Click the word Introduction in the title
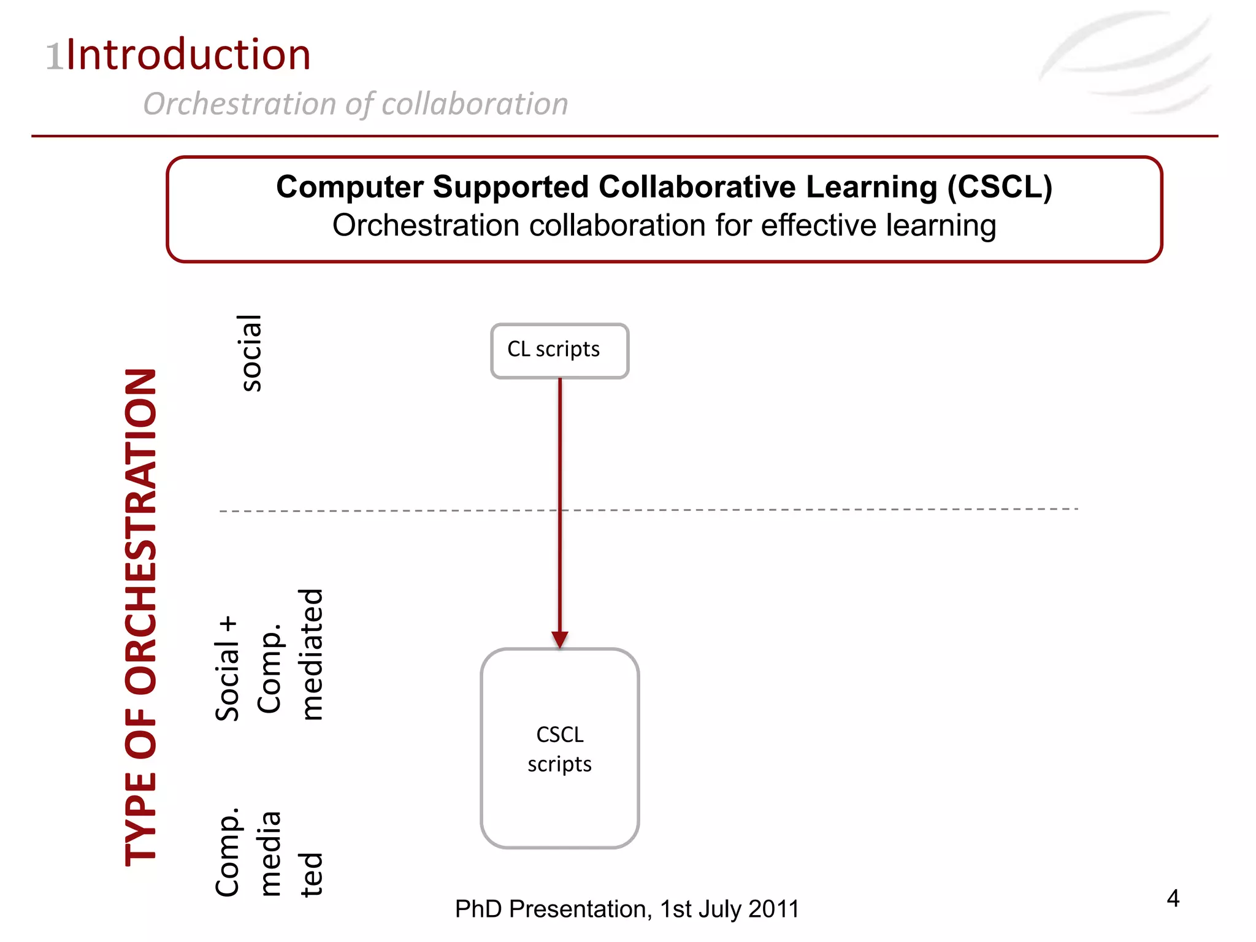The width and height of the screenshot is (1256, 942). [x=188, y=55]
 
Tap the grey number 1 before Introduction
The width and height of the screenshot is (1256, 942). [x=55, y=57]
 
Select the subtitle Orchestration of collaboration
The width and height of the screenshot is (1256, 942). [x=355, y=104]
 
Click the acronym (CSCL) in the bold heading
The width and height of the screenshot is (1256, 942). [x=1000, y=186]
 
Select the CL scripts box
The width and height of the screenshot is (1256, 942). [x=559, y=351]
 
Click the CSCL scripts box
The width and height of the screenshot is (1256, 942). [x=559, y=748]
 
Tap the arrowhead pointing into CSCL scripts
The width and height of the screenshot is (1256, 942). [x=559, y=639]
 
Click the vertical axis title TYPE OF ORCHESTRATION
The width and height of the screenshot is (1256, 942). [x=141, y=617]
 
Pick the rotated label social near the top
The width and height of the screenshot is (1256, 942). [x=250, y=353]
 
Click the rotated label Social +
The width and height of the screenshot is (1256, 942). [x=227, y=668]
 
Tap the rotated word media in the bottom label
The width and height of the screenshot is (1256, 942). [x=270, y=854]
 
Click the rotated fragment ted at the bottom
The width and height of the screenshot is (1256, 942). [x=311, y=875]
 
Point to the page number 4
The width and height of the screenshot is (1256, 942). [x=1173, y=898]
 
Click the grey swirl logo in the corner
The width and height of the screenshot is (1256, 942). [x=1128, y=61]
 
